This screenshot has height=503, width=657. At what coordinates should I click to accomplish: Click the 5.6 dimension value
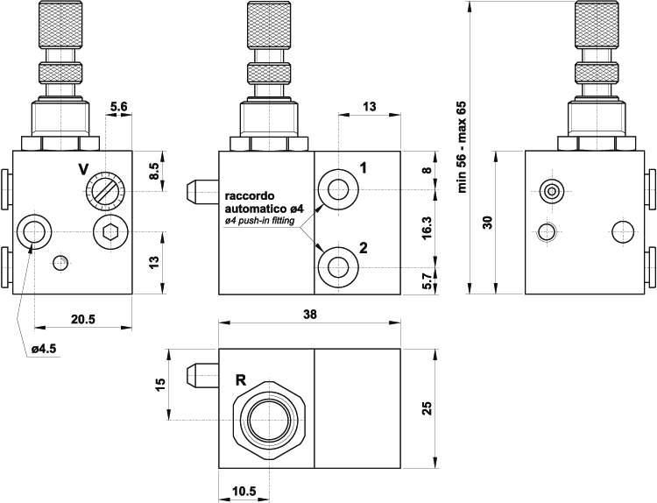[118, 108]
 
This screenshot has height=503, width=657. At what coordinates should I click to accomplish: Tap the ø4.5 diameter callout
[43, 348]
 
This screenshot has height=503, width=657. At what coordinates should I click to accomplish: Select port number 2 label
[364, 247]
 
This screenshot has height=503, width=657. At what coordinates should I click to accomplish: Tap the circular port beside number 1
[337, 188]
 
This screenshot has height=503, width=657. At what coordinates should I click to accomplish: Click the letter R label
[240, 380]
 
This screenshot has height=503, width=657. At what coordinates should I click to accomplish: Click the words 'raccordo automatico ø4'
[263, 202]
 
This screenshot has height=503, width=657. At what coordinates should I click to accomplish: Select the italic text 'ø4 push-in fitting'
[261, 221]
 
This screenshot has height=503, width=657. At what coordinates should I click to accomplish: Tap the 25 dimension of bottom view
[427, 408]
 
